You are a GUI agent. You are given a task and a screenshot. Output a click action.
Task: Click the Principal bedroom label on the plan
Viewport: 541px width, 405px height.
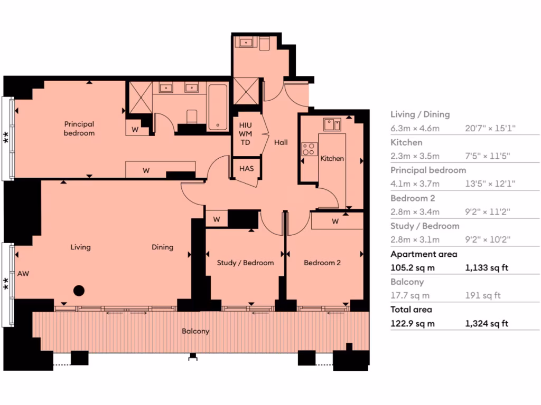tap(79, 129)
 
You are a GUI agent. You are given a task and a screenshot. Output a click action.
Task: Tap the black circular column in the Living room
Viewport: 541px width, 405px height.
tap(79, 290)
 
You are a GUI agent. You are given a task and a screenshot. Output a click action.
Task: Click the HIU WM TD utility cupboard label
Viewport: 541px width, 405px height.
tap(246, 134)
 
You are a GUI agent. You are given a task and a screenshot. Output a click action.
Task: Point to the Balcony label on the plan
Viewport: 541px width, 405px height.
tap(195, 331)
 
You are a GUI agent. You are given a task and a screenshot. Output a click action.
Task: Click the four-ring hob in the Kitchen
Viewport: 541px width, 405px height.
tap(308, 149)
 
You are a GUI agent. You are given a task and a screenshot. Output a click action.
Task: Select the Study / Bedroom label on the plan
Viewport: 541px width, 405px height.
tap(245, 263)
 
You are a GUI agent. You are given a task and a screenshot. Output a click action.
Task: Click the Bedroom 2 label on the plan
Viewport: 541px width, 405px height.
tap(322, 263)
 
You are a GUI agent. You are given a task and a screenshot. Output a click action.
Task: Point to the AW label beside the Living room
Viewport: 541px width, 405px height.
tap(23, 274)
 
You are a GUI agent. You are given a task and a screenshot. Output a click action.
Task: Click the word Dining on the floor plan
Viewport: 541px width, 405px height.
tap(162, 247)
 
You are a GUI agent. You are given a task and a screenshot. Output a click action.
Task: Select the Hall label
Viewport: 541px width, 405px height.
tap(281, 142)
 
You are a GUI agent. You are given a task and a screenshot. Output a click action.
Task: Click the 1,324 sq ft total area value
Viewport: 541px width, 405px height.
tap(486, 323)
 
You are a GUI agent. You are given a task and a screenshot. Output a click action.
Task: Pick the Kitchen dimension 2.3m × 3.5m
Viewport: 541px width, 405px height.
tap(415, 156)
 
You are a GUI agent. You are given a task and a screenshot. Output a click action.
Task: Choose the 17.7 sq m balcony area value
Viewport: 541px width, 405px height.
tap(410, 296)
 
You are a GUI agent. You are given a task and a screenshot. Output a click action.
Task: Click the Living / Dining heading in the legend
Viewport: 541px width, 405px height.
tap(420, 114)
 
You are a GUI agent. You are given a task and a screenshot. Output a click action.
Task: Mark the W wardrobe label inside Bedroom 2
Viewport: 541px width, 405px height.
tap(335, 221)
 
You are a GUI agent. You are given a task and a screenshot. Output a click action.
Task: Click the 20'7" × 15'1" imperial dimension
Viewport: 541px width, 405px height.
tap(490, 128)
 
